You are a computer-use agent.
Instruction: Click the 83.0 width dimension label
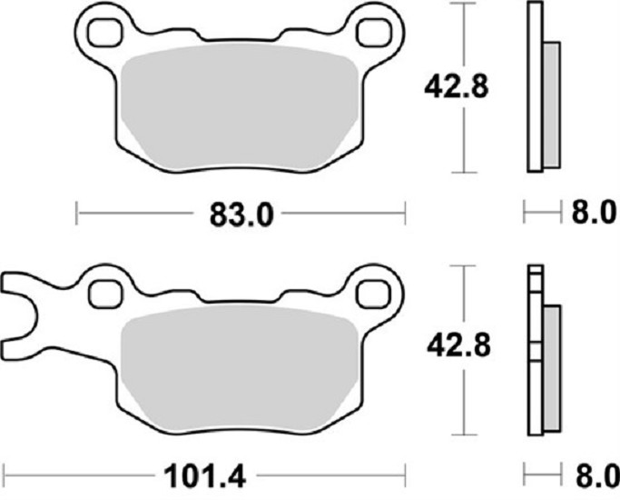241,215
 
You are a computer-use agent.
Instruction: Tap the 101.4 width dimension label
205,476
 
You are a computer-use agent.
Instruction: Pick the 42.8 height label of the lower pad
458,345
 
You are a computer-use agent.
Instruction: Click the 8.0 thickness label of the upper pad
594,212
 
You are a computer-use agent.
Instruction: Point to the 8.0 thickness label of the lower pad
596,475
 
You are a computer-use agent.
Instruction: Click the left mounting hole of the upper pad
104,33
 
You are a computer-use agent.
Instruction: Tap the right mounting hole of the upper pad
374,33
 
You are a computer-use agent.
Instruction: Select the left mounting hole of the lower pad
104,295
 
